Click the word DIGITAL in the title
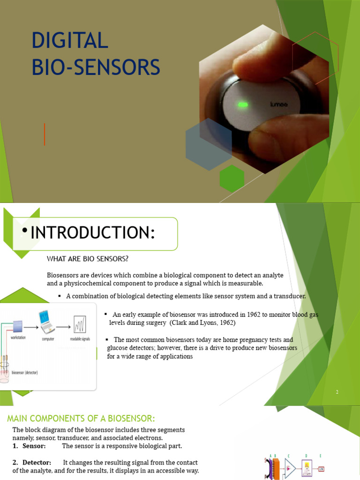pyautogui.click(x=70, y=41)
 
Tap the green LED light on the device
pyautogui.click(x=243, y=104)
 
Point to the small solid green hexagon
pyautogui.click(x=232, y=178)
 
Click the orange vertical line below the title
pyautogui.click(x=45, y=134)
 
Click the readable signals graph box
pyautogui.click(x=79, y=324)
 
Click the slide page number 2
pyautogui.click(x=337, y=392)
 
